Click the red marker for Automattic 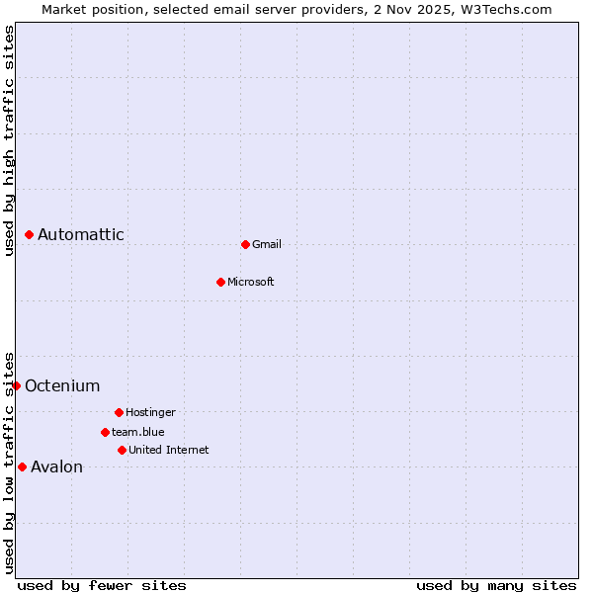pos(30,234)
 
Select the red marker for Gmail pos(245,244)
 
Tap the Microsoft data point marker pos(220,282)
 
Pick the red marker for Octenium pos(17,385)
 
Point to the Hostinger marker pos(119,412)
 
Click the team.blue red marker pos(105,432)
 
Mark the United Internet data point pos(122,450)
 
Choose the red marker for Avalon pos(23,466)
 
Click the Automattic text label pos(81,234)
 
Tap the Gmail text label pos(267,244)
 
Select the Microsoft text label pos(251,282)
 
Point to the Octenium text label pos(62,385)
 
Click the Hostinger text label pos(150,412)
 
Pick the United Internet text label pos(169,450)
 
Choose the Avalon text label pos(57,466)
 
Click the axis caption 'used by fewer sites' pos(102,585)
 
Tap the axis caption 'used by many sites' pos(496,585)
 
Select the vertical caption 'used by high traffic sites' pos(9,141)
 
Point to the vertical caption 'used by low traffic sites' pos(9,462)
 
